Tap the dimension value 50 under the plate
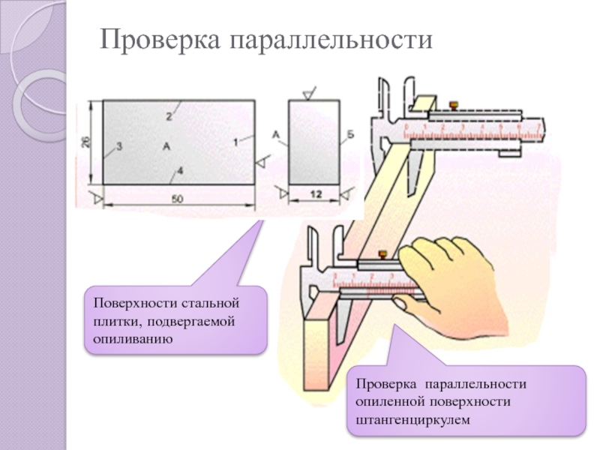point(178,199)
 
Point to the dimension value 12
point(315,194)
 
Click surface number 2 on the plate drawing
point(169,116)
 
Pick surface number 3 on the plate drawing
point(118,146)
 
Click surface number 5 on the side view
point(350,135)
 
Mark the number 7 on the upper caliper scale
point(538,128)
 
